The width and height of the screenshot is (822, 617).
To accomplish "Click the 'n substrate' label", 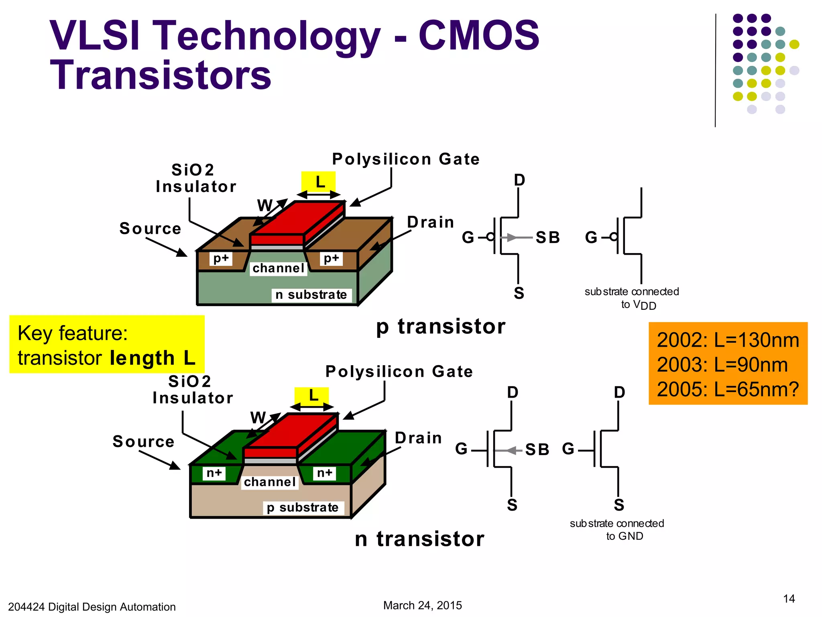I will [x=311, y=295].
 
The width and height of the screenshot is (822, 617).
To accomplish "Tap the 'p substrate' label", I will [x=303, y=508].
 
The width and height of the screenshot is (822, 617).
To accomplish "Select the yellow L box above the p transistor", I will [x=319, y=182].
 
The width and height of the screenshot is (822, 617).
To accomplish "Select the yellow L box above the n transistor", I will [x=312, y=396].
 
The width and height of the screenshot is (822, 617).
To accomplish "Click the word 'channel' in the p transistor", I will [x=278, y=268].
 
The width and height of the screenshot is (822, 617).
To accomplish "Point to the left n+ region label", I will [x=214, y=473].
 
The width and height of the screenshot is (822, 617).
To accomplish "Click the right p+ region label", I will [x=331, y=258].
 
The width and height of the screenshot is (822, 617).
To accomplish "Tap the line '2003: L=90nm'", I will [x=722, y=365].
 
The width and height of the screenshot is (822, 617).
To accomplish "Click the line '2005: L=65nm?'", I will [x=727, y=389].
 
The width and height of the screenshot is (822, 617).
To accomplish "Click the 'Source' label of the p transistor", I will [x=151, y=229].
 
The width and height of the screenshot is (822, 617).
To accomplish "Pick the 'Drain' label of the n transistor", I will [x=418, y=438].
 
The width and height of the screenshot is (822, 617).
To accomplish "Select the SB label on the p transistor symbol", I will [x=548, y=237].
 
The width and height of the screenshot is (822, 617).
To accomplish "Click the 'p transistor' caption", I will [x=440, y=326].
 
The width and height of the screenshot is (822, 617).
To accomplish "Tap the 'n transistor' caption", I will [x=419, y=539].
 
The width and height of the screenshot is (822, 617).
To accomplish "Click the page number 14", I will [x=789, y=599].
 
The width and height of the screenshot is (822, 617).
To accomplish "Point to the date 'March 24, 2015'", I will [x=422, y=605].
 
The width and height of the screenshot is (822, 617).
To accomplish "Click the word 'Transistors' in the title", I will [x=161, y=76].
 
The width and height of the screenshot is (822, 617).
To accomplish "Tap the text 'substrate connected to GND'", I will [x=617, y=529].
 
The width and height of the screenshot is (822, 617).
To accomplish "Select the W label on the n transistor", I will [x=258, y=418].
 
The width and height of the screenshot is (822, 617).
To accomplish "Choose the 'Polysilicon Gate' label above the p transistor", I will [x=405, y=159].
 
